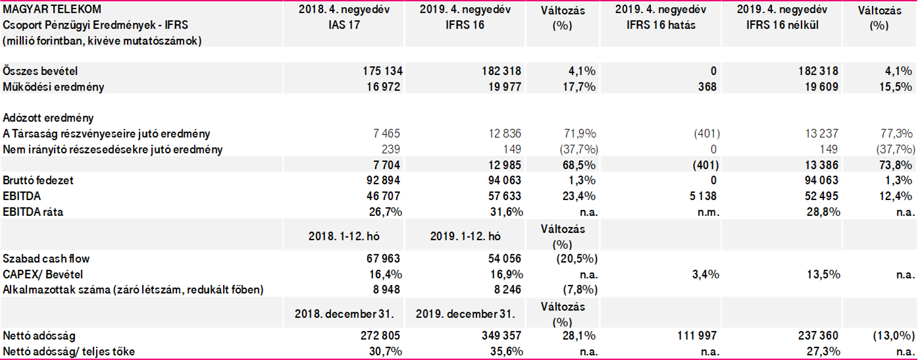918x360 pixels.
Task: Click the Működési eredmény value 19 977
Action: [x=503, y=87]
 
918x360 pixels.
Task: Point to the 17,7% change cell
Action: [x=579, y=87]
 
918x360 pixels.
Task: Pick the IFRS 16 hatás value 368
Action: [x=707, y=87]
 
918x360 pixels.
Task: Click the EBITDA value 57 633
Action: [x=503, y=195]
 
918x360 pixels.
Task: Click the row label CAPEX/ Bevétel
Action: [x=43, y=274]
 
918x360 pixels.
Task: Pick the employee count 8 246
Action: [x=507, y=290]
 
